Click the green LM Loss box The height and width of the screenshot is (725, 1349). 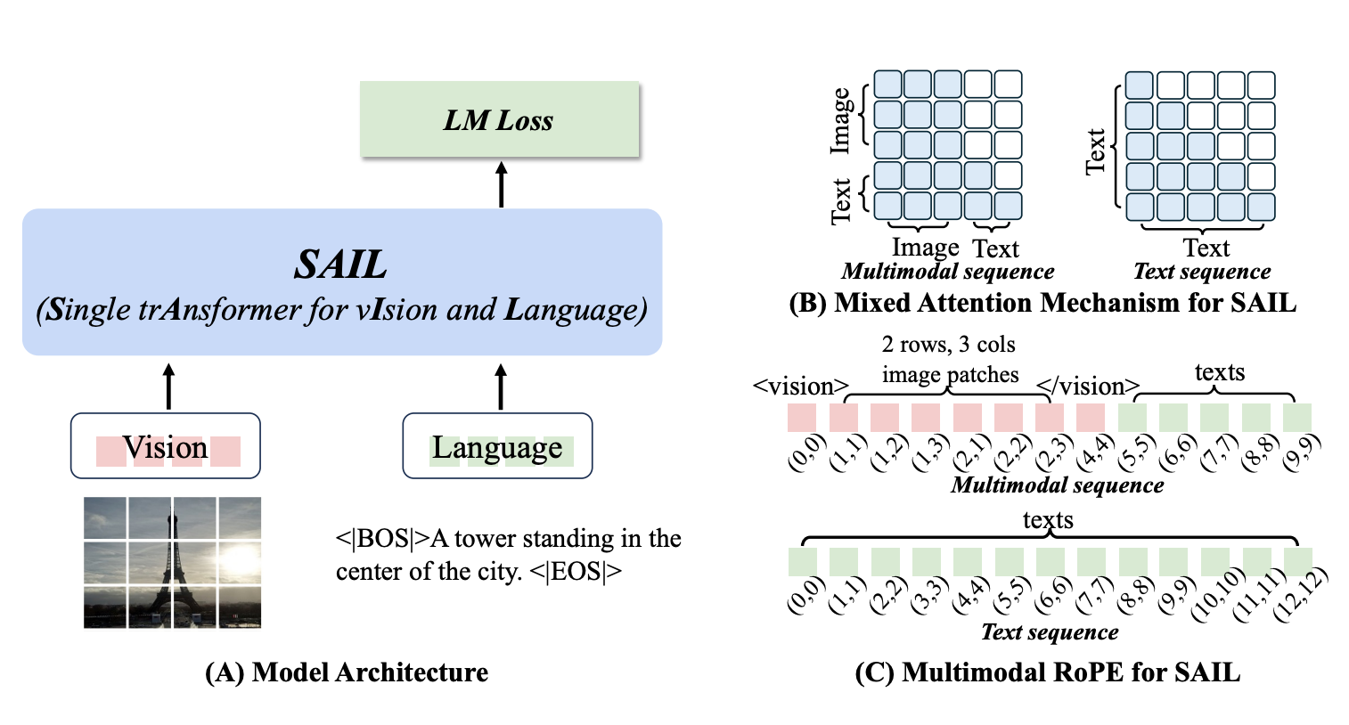tap(499, 119)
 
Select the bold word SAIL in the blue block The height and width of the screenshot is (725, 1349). tap(340, 265)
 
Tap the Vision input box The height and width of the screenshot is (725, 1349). tap(166, 445)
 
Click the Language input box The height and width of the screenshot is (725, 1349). tap(497, 445)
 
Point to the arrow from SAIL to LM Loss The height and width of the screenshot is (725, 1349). tap(501, 184)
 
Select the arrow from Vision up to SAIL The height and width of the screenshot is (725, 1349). tap(168, 387)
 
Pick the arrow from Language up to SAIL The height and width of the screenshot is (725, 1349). tap(501, 387)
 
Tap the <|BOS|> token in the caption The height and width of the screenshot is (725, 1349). tap(382, 538)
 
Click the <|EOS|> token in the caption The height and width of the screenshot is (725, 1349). tap(576, 571)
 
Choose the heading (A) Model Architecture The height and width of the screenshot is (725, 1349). tap(347, 672)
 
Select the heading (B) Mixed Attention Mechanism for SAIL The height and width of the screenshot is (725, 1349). tap(1042, 302)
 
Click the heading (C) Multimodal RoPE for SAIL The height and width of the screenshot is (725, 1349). tap(1048, 672)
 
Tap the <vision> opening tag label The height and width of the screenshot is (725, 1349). tap(800, 386)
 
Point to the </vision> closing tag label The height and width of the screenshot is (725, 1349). tap(1088, 386)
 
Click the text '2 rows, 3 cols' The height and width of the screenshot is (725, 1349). tap(949, 345)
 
